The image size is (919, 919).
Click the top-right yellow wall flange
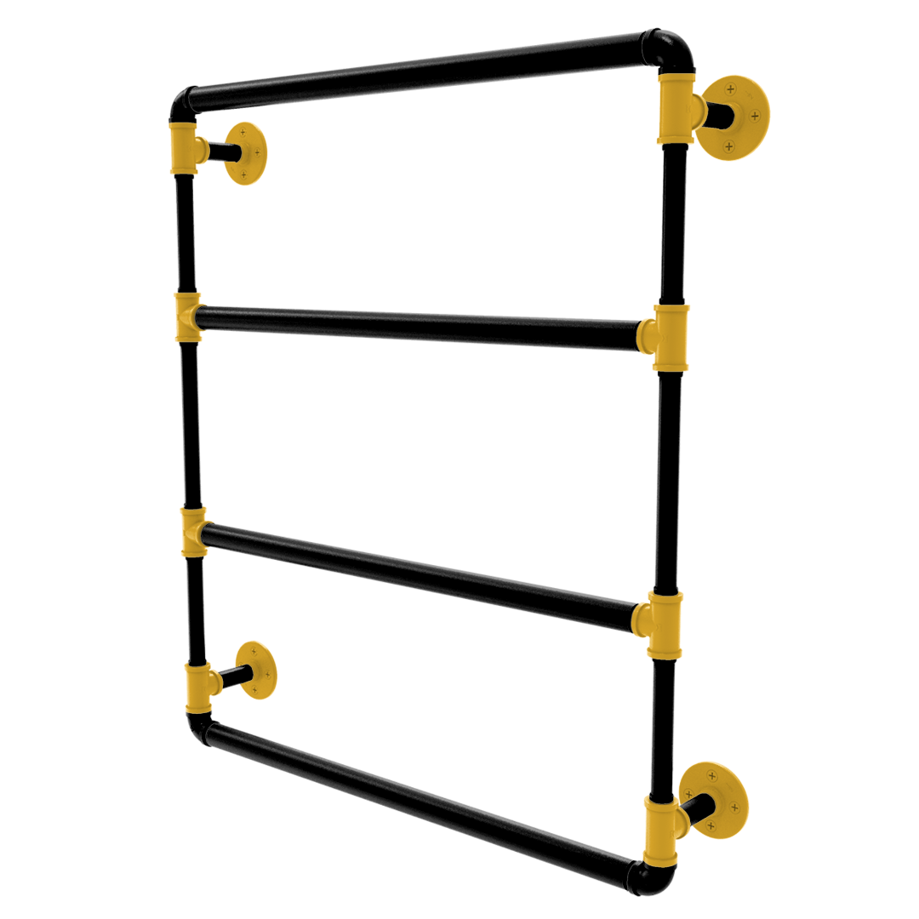[x=733, y=117]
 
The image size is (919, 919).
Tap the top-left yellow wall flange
[x=248, y=153]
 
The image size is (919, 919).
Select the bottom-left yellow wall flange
[x=256, y=669]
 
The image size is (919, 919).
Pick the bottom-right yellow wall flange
[x=716, y=798]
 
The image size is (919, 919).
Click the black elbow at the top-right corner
[x=672, y=51]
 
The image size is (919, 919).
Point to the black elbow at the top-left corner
[x=182, y=106]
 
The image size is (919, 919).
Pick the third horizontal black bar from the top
[x=417, y=568]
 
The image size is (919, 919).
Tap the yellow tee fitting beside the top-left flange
[x=185, y=146]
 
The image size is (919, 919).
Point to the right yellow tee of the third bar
[x=663, y=624]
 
